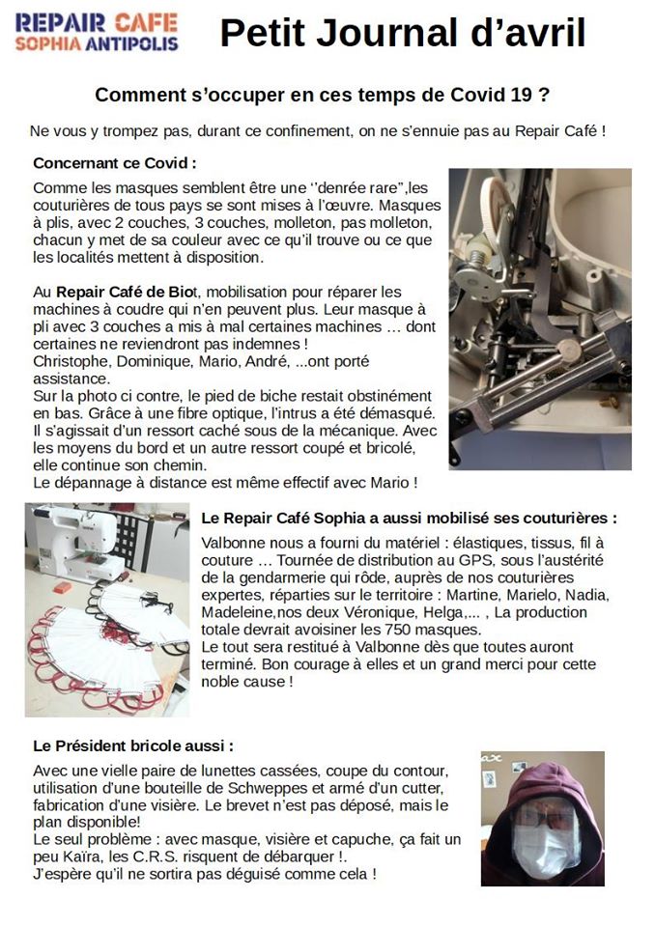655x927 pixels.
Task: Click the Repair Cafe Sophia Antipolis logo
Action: pos(97,32)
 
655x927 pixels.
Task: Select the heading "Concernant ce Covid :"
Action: pos(115,162)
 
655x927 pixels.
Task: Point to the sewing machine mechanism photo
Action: pos(539,319)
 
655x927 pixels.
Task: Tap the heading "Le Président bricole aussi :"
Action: pos(133,746)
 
